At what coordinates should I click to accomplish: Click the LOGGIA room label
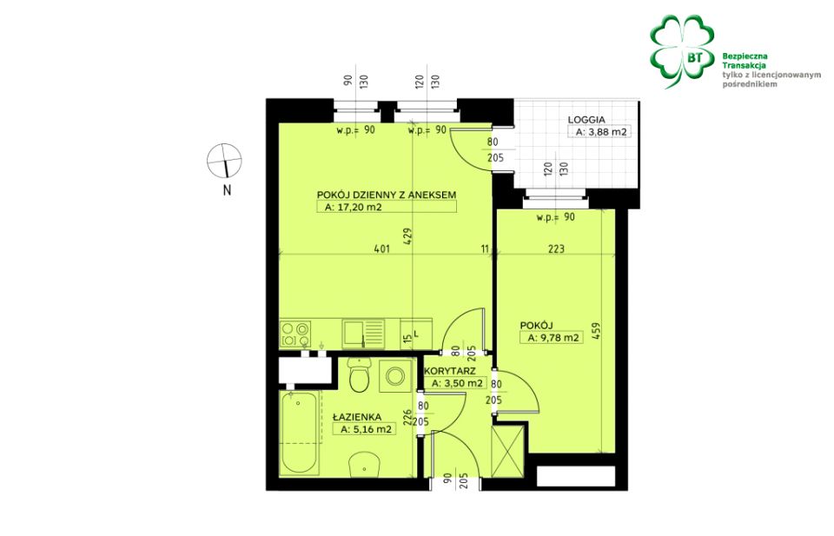click(x=586, y=120)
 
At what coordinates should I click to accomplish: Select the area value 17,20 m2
click(x=354, y=208)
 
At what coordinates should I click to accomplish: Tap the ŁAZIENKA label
click(x=357, y=418)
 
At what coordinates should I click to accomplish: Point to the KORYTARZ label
click(x=451, y=371)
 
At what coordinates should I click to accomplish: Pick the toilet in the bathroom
click(x=360, y=374)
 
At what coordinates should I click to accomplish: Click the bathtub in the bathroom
click(x=300, y=433)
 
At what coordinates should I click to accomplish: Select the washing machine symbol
click(x=394, y=376)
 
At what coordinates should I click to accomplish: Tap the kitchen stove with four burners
click(x=295, y=334)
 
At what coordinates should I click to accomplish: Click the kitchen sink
click(x=363, y=333)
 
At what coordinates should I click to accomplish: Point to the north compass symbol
click(x=224, y=161)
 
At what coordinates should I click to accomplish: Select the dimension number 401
click(x=382, y=248)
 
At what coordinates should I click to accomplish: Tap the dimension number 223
click(x=556, y=248)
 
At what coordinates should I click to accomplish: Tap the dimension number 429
click(x=408, y=237)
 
